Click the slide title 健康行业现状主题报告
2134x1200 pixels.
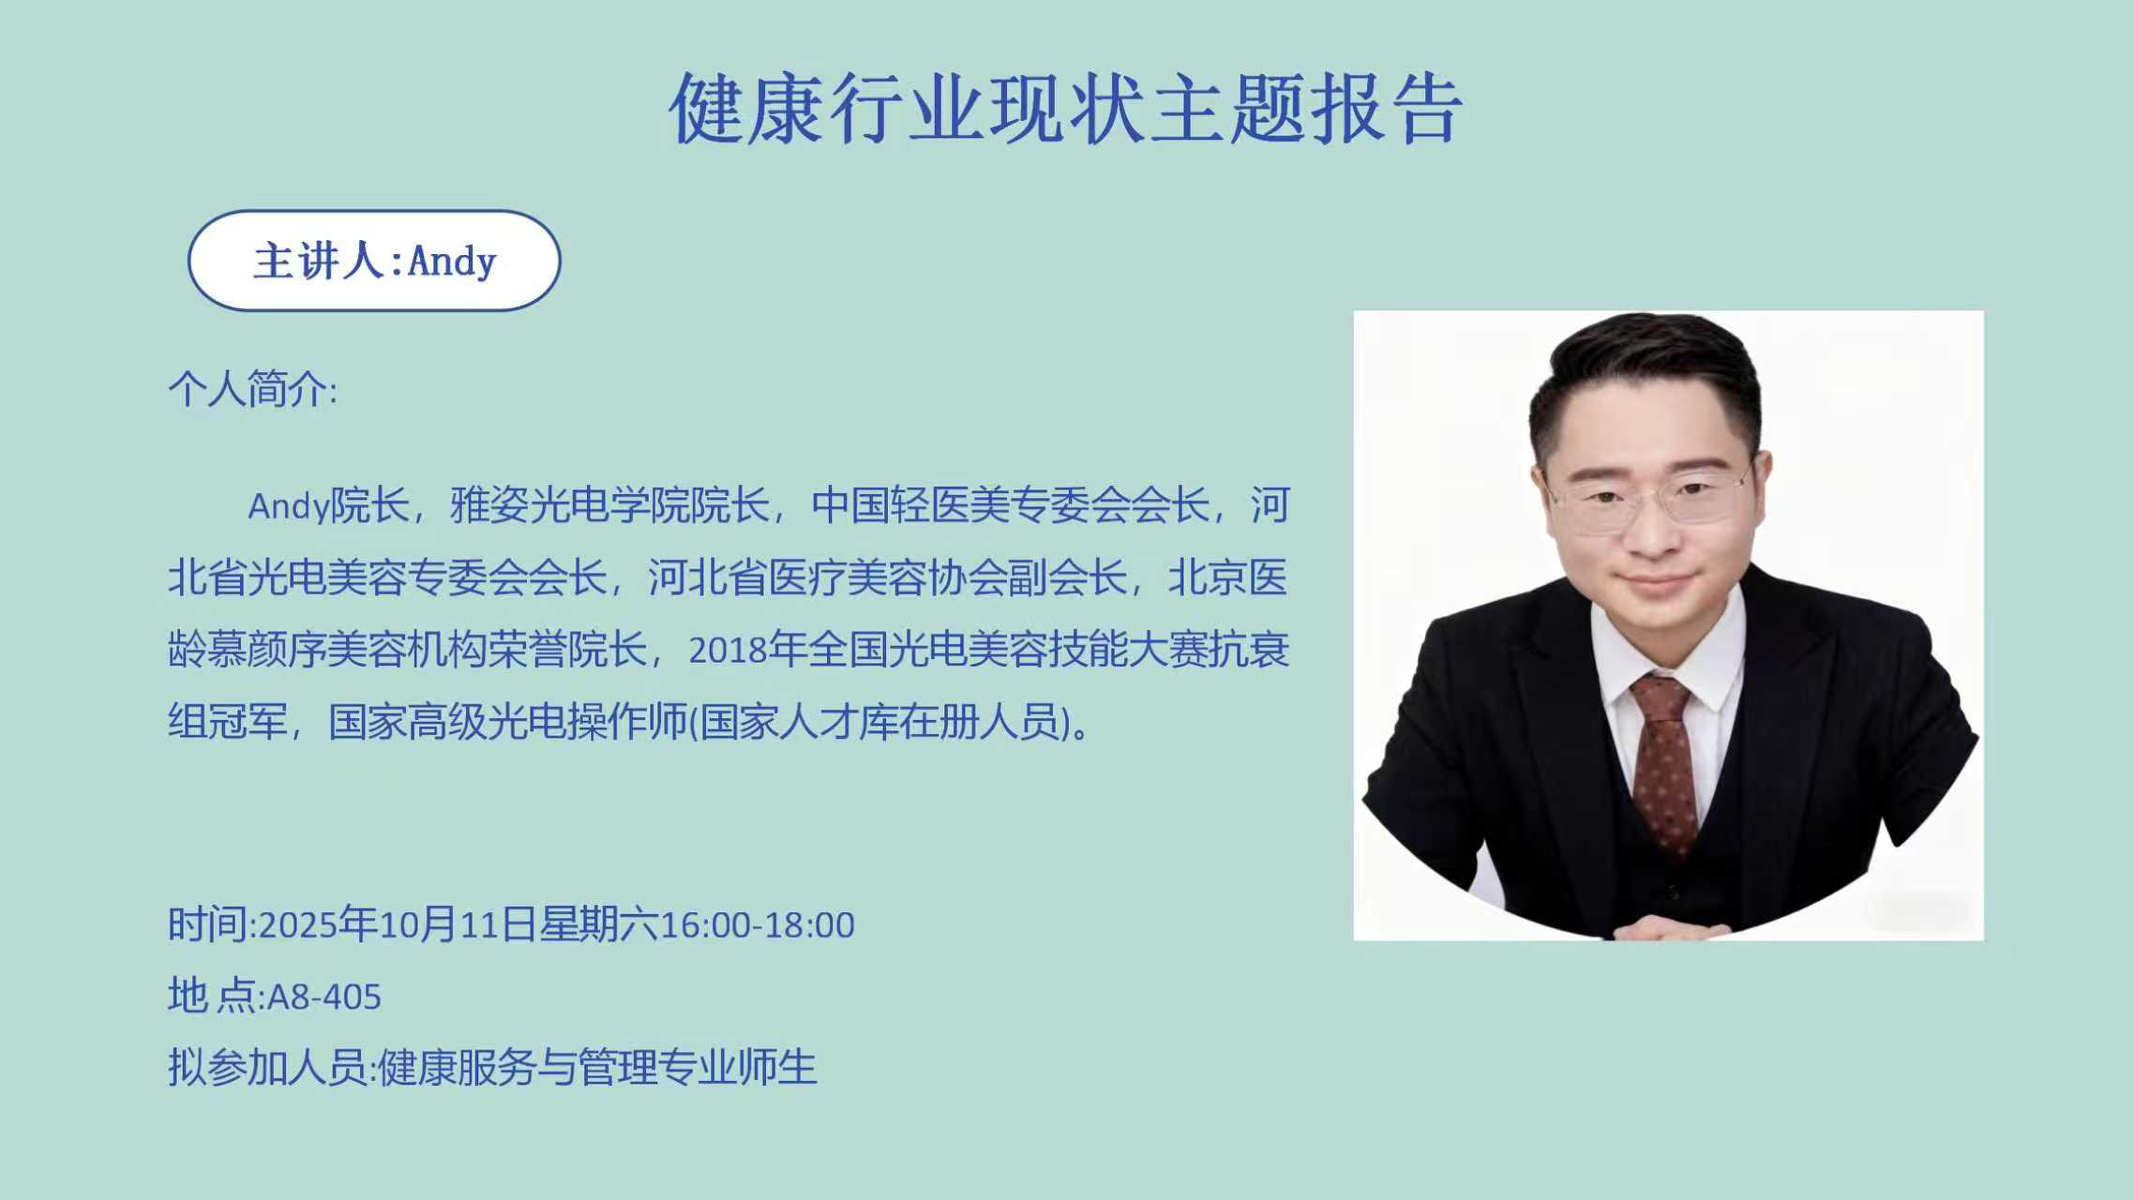pos(1066,109)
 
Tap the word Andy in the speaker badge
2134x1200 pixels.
pos(452,262)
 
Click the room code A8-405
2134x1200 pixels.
pos(324,997)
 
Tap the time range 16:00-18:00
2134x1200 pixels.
pos(758,925)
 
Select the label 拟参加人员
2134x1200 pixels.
pos(267,1067)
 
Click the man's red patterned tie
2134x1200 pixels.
pos(1664,759)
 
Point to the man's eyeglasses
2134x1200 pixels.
pos(1648,498)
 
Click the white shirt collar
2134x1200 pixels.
pos(1669,656)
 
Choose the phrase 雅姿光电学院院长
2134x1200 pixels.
pos(609,505)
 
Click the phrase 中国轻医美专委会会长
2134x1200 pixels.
pos(1011,505)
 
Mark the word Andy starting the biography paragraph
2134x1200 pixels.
pos(289,507)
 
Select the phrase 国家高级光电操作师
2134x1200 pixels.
pos(508,722)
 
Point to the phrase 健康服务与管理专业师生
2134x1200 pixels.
pos(597,1067)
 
